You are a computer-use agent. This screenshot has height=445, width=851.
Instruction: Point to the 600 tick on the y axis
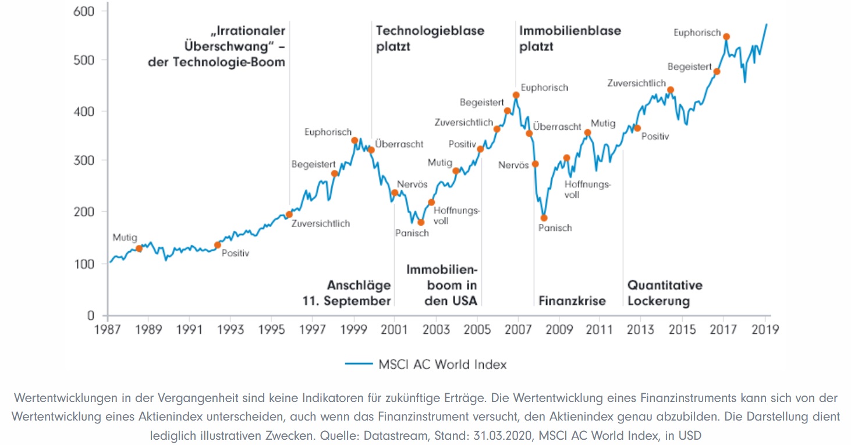84,11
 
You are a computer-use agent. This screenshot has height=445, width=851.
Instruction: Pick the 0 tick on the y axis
91,316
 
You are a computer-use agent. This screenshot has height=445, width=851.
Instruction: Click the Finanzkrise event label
572,301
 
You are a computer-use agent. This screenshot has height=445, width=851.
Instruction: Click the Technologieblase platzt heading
430,38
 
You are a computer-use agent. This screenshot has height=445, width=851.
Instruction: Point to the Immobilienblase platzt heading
562,38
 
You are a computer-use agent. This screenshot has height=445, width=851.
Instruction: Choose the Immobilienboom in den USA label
442,285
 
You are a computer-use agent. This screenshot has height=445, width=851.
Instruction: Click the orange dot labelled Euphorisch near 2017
726,37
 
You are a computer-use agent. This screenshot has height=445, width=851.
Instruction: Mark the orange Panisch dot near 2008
544,218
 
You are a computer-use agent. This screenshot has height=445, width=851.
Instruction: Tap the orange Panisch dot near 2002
421,222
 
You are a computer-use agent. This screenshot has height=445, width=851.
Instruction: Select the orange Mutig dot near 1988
139,248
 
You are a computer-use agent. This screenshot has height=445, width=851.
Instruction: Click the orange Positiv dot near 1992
218,245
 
